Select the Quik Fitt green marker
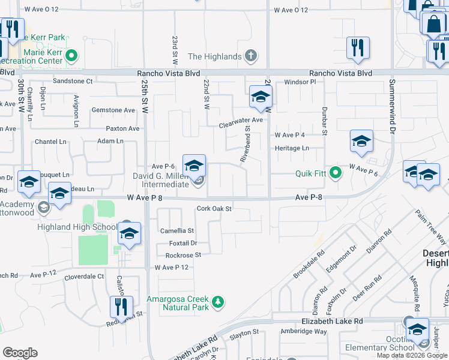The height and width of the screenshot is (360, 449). click(x=335, y=173)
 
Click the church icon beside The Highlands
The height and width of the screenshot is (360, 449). click(x=252, y=56)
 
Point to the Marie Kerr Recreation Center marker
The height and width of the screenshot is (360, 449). click(x=71, y=57)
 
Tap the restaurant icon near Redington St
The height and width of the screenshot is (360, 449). click(x=121, y=307)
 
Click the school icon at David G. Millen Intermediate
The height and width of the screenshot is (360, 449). click(x=194, y=166)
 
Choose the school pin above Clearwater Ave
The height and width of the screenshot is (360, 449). click(x=260, y=97)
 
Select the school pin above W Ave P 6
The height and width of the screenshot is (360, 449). click(x=361, y=142)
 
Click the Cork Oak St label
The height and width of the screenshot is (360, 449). click(x=214, y=209)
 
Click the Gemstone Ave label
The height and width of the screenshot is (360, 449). click(x=113, y=110)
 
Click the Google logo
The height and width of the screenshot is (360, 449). click(x=20, y=353)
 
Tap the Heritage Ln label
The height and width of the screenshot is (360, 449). click(x=292, y=148)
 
